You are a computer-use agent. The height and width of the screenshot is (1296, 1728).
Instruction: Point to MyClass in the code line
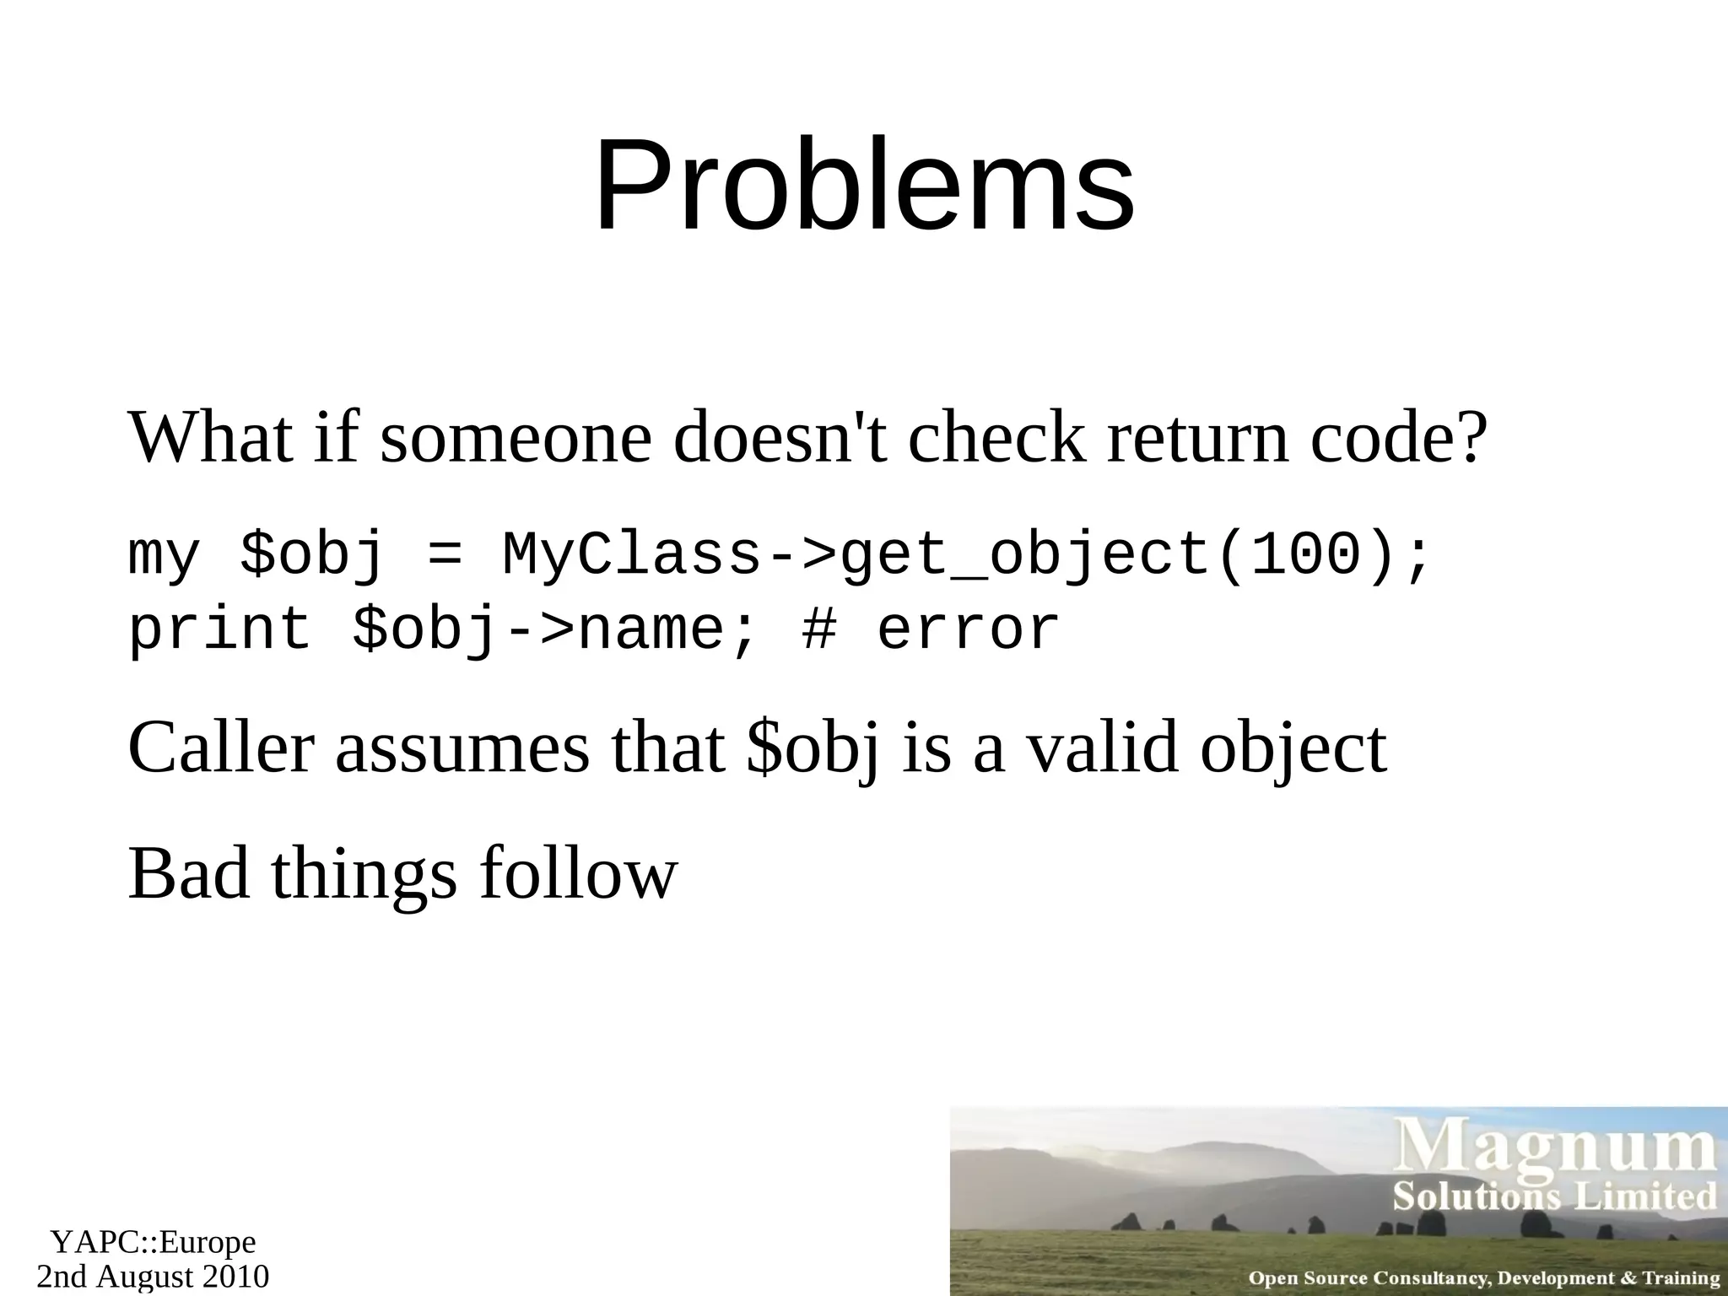coord(633,555)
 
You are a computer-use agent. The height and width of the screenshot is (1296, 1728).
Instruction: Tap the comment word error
coord(969,629)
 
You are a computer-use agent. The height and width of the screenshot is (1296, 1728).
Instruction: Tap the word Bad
coord(189,874)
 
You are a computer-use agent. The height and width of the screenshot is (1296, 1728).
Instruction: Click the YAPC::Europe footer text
coord(153,1242)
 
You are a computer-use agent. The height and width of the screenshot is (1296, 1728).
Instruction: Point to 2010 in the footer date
coord(235,1277)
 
